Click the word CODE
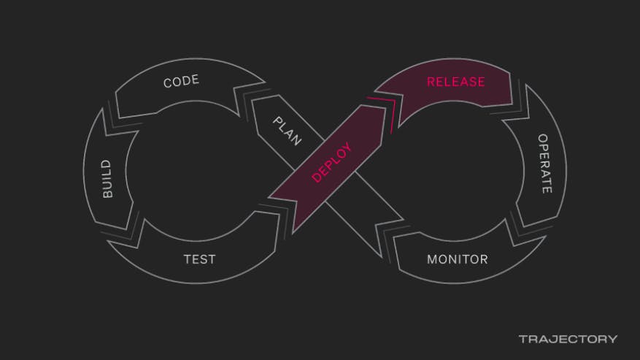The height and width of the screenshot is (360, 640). point(182,81)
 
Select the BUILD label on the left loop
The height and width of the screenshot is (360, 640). point(107,179)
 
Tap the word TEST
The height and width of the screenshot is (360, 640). point(199,259)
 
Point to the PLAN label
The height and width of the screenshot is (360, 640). point(287,131)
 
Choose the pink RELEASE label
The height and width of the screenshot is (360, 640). point(455,82)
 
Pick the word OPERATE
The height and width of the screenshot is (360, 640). point(544,163)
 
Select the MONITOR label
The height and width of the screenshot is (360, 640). point(457,259)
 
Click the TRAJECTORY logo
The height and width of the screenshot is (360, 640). point(568,339)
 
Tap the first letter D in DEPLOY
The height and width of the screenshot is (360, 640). point(317,177)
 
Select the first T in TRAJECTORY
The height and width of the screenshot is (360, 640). point(523,339)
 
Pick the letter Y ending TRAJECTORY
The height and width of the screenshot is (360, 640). point(612,339)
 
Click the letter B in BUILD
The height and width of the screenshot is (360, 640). point(107,195)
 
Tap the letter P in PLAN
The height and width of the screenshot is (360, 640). point(277,120)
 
